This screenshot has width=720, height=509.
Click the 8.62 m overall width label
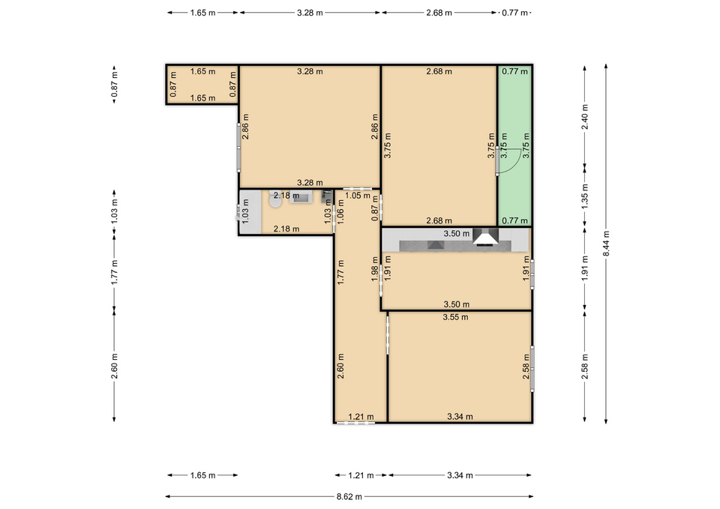349,496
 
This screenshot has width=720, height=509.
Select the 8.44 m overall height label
606,243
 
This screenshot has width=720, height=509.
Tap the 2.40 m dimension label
584,117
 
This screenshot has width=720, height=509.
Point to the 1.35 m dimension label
584,196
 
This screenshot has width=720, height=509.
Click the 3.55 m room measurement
455,317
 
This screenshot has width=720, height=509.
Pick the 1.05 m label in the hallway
358,196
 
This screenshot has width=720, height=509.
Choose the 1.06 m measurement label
340,211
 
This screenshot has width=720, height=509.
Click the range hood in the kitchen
486,237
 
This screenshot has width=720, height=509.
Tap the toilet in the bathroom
275,200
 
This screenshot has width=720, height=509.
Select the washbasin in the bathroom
301,197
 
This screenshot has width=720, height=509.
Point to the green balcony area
515,146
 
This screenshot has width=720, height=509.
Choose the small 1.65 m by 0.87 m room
202,85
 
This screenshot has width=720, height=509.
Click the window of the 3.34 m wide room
532,369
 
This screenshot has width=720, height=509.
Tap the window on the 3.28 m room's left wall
238,148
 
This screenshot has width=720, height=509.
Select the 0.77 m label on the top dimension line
514,13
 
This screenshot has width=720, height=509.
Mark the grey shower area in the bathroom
250,212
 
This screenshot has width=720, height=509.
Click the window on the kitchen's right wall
532,274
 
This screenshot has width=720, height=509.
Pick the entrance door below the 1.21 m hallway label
355,423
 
